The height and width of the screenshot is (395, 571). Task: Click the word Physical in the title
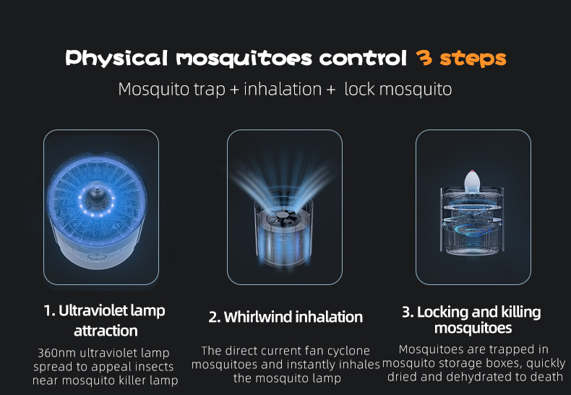(x=116, y=59)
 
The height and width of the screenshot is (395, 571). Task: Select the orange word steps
(x=473, y=59)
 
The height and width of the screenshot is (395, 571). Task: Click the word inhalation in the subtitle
(x=283, y=89)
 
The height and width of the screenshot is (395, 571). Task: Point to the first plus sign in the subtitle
(x=234, y=90)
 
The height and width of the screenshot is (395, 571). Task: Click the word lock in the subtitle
(x=359, y=89)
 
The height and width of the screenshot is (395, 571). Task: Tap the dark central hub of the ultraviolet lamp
(x=96, y=195)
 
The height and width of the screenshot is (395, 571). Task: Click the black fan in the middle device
(x=282, y=219)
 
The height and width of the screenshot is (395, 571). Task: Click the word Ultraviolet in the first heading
(x=93, y=310)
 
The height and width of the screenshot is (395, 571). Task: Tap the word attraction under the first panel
(x=106, y=331)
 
